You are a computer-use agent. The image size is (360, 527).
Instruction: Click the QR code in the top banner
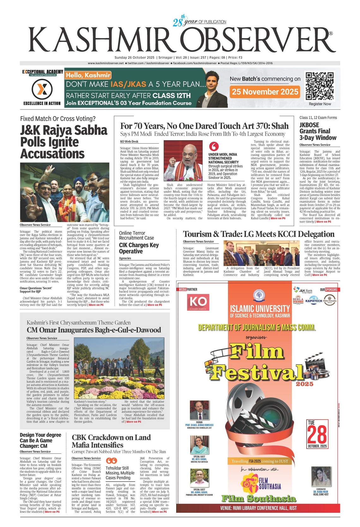pyautogui.click(x=320, y=86)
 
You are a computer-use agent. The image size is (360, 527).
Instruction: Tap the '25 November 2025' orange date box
pyautogui.click(x=265, y=92)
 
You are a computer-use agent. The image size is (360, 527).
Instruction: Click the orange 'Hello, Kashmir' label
pyautogui.click(x=88, y=75)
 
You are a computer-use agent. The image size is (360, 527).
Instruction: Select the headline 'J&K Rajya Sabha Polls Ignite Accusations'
pyautogui.click(x=63, y=142)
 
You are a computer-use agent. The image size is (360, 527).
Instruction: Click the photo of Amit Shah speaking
pyautogui.click(x=183, y=160)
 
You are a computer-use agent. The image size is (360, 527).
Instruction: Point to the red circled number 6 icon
pyautogui.click(x=214, y=146)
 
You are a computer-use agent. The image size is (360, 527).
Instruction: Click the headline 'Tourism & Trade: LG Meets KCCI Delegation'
pyautogui.click(x=259, y=234)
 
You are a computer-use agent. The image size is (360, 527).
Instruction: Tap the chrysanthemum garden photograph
pyautogui.click(x=119, y=368)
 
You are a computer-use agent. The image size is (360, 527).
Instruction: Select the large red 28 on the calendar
pyautogui.click(x=317, y=435)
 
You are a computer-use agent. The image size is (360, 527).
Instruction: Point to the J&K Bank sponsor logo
pyautogui.click(x=303, y=290)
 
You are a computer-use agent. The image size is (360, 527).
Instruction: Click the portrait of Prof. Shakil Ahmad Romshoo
pyautogui.click(x=199, y=410)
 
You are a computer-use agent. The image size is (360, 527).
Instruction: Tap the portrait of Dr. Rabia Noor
pyautogui.click(x=321, y=477)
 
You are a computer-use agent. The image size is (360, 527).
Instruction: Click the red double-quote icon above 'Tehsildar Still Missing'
pyautogui.click(x=111, y=461)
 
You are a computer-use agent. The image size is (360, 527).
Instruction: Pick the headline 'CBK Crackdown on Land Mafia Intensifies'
pyautogui.click(x=111, y=441)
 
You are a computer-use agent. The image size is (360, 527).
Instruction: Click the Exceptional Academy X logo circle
pyautogui.click(x=42, y=89)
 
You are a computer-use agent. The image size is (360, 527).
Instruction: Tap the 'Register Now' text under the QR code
pyautogui.click(x=320, y=104)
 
